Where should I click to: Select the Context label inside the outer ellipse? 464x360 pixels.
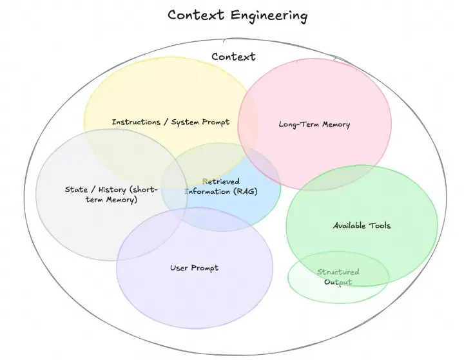click(233, 57)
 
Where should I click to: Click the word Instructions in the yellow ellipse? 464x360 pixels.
click(137, 122)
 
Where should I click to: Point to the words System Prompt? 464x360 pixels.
click(200, 122)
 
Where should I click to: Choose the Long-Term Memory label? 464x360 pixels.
click(314, 124)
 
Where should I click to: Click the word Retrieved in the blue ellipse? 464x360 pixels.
click(222, 182)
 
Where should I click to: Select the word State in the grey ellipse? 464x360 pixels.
click(76, 189)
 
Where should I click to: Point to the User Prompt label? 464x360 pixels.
click(194, 268)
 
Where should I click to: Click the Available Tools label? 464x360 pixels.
click(362, 225)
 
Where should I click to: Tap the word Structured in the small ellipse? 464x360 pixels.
click(338, 272)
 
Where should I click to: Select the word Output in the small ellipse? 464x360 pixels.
click(338, 282)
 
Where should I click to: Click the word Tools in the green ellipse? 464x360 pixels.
click(379, 225)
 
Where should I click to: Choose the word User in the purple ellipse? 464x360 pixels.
click(179, 268)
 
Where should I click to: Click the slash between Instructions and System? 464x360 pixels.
click(166, 122)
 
